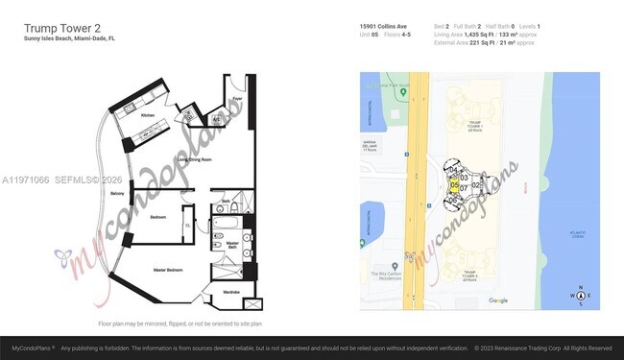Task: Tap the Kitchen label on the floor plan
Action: (148, 114)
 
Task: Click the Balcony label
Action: (118, 194)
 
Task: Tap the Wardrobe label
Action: (231, 292)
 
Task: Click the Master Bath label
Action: (231, 245)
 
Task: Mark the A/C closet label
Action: (217, 120)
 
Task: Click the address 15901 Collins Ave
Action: (385, 26)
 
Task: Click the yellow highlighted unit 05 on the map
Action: (454, 184)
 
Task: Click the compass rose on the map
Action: (580, 296)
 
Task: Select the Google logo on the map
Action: (497, 300)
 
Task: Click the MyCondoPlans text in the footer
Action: (27, 348)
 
